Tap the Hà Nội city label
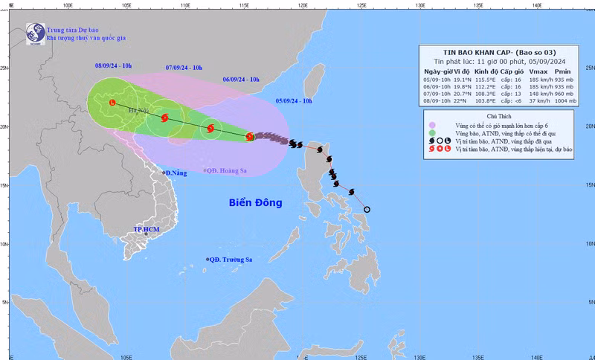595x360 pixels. [138, 112]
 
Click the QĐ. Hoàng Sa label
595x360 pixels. [228, 170]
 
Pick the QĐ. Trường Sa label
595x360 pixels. [231, 259]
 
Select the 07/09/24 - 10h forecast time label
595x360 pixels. [184, 67]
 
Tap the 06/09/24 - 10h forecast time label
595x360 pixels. [241, 79]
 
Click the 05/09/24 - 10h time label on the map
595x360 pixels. [294, 100]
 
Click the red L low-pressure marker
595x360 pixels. [112, 103]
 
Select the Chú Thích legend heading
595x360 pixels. [499, 117]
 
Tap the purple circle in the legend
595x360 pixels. [431, 127]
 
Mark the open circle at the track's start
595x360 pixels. [367, 209]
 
